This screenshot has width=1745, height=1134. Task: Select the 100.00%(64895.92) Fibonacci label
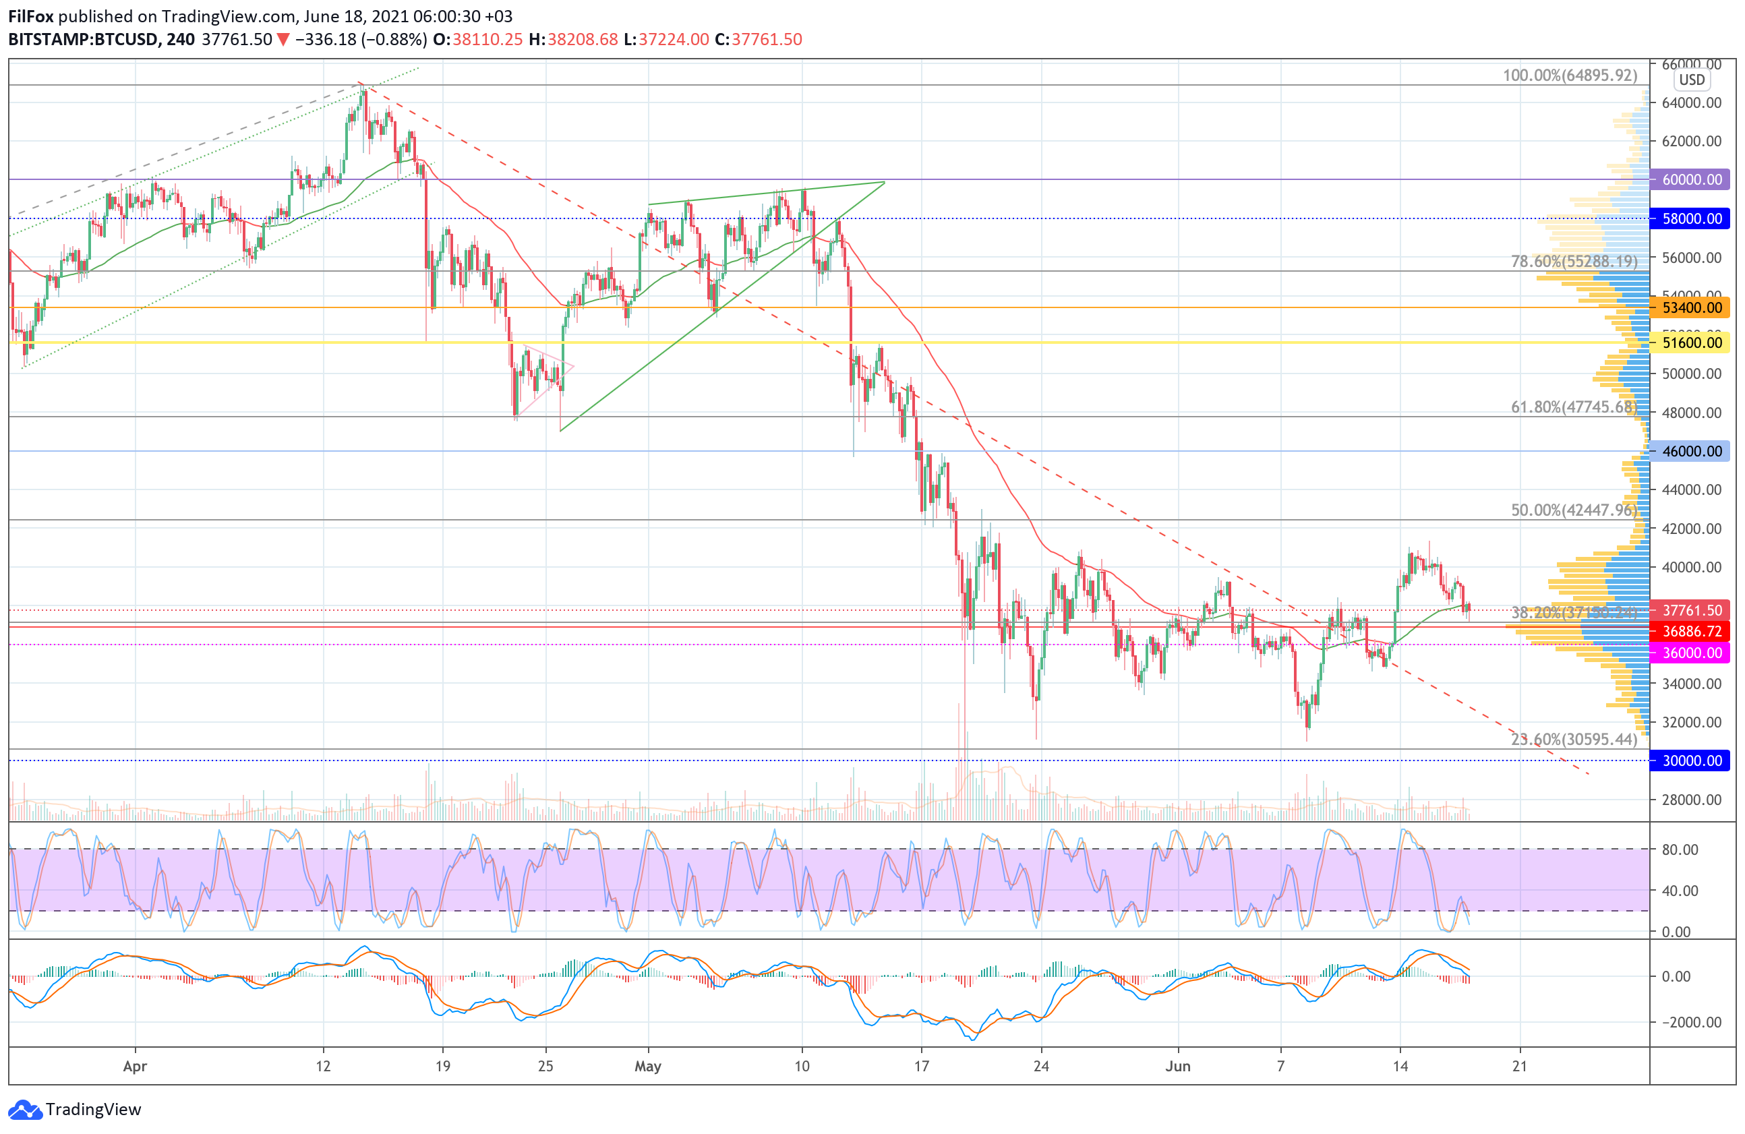1570,76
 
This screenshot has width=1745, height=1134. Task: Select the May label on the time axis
648,1066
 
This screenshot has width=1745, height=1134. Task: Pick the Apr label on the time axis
135,1066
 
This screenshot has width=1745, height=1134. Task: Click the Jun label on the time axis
1177,1066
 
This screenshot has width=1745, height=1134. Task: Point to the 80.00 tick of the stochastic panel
1680,849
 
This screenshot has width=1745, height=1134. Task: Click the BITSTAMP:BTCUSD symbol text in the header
83,40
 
